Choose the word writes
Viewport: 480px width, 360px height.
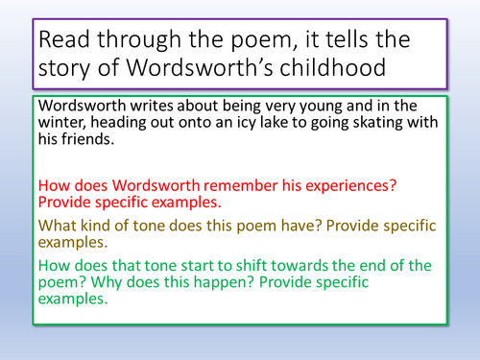tap(156, 107)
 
